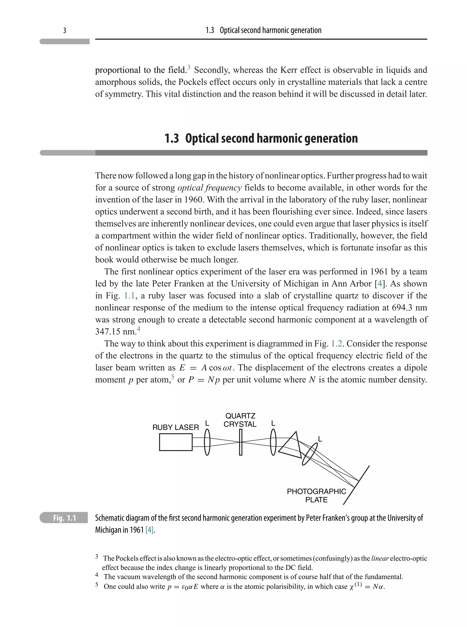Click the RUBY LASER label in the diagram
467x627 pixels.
176,427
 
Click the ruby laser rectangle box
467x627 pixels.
176,442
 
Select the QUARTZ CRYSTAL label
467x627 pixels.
240,420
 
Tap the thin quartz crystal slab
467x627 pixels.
241,442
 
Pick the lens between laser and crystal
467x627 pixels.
207,442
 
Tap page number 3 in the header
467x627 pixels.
65,30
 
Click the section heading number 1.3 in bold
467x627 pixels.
172,138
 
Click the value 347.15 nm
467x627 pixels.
116,332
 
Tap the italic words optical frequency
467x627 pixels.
210,188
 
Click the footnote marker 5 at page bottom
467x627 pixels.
97,585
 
